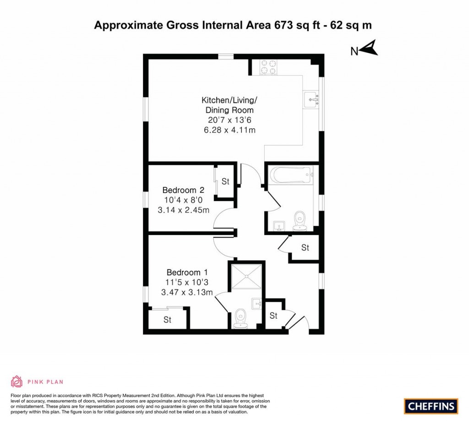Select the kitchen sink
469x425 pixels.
311,98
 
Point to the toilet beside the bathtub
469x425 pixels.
300,219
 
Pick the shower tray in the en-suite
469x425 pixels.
247,276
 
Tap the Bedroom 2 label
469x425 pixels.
183,190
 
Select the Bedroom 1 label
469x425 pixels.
187,272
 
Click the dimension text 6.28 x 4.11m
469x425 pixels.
229,131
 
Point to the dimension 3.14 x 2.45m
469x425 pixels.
183,211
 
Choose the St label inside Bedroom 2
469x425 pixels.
225,181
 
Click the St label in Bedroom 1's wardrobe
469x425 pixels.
168,320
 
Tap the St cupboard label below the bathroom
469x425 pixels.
305,248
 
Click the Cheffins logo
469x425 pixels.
431,406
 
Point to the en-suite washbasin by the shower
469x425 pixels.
256,303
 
